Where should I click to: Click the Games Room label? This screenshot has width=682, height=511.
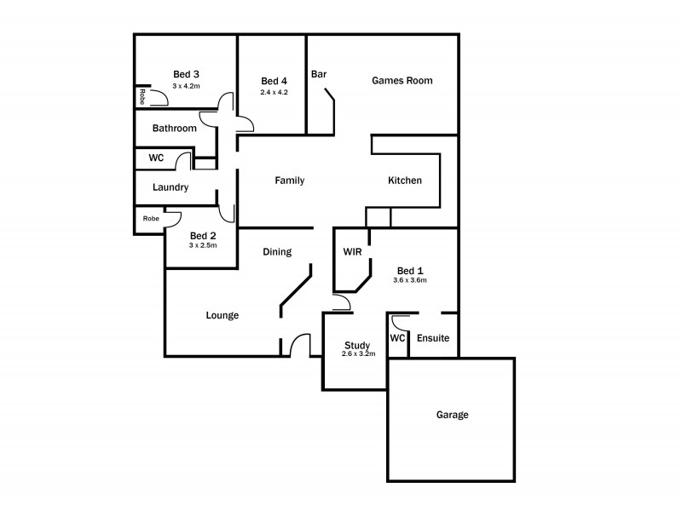[402, 81]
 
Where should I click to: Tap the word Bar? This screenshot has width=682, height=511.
[319, 74]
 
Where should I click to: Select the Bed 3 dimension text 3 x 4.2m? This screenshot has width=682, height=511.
[186, 85]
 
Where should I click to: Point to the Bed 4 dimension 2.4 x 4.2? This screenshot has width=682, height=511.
[275, 92]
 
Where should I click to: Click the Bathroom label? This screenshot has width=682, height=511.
[174, 129]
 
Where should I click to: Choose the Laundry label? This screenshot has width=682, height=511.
[170, 187]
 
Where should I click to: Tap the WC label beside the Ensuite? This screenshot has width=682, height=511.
[397, 338]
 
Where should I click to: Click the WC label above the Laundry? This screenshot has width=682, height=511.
[156, 158]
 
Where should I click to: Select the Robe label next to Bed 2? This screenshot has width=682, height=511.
[151, 219]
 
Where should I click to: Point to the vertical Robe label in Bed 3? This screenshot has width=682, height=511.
[142, 96]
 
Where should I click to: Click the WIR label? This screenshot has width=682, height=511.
[353, 253]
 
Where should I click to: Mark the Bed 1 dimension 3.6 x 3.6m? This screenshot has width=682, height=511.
[410, 279]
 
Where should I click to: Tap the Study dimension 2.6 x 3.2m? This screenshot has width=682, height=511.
[357, 353]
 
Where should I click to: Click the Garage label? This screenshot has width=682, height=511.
[452, 415]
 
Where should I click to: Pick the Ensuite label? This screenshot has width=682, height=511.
[432, 338]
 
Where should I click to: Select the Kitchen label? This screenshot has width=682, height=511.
[405, 181]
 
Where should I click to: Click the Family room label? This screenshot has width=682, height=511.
[289, 181]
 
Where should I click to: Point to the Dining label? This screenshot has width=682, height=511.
[277, 251]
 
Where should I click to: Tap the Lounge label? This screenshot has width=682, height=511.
[222, 315]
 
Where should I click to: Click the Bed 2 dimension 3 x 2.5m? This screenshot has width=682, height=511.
[203, 245]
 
